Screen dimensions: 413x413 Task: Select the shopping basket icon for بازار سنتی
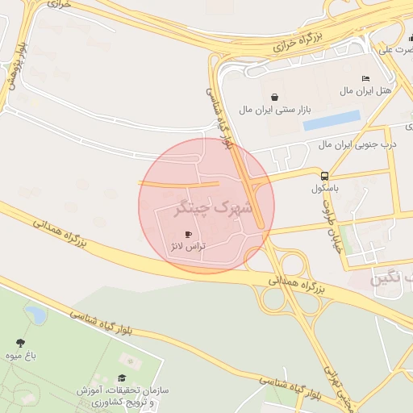276,97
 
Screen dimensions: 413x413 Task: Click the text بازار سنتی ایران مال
274,108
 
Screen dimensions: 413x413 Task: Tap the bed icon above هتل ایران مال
366,78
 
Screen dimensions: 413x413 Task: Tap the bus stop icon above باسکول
324,176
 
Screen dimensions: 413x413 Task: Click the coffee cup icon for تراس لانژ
189,234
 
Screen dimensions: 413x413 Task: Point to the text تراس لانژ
187,244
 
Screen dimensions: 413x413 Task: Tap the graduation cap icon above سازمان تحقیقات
122,378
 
